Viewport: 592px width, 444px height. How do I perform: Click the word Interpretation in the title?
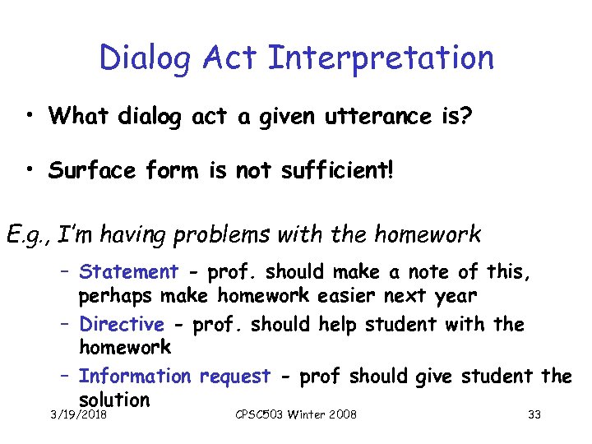tap(381, 58)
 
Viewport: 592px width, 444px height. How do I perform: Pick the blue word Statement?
tap(128, 272)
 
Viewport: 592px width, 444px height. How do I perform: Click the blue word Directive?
tap(121, 325)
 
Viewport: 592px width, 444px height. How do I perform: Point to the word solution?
tap(114, 400)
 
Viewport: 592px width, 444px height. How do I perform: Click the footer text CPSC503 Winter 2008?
tap(295, 414)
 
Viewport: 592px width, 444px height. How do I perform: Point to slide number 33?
tap(534, 414)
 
